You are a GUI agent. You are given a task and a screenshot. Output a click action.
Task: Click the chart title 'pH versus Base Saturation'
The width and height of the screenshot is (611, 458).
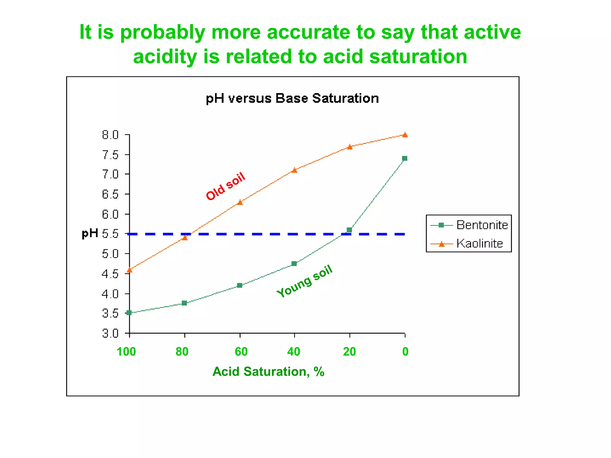tap(292, 98)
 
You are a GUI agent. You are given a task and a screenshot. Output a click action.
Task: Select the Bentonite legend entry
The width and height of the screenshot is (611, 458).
tap(482, 225)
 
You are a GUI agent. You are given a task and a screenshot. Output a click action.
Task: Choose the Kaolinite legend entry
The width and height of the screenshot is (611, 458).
tap(479, 244)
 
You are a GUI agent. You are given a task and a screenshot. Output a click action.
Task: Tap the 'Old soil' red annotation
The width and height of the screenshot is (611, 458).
tap(226, 186)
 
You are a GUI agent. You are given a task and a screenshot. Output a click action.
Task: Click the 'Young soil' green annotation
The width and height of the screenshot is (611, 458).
tap(304, 281)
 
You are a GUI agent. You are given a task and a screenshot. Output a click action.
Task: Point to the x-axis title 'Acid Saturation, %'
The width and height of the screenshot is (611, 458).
tap(268, 372)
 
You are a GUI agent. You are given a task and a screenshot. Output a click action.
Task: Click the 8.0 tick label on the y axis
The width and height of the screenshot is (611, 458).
tap(110, 135)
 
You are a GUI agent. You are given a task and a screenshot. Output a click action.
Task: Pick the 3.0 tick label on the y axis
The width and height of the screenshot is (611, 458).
tap(110, 333)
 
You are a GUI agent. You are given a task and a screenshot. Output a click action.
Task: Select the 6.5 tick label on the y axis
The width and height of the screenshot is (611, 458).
tap(110, 194)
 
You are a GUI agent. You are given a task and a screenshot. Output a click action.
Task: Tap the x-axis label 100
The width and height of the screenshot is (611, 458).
tap(126, 352)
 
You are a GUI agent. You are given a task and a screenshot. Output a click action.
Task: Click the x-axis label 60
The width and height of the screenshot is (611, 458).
tap(241, 352)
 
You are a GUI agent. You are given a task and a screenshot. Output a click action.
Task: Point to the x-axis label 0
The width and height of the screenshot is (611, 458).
tap(405, 352)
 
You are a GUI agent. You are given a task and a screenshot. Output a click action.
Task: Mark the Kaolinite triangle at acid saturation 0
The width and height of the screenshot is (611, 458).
tap(405, 135)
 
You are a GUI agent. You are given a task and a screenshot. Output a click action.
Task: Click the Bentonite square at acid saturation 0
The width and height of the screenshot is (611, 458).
tap(405, 158)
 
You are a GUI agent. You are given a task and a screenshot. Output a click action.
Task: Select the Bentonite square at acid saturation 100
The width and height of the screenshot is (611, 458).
tap(129, 312)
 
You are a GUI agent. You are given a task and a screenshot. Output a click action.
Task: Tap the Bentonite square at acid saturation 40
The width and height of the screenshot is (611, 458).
tap(294, 264)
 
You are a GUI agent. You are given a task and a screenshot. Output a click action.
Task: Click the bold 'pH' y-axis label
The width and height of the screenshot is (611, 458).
tap(90, 233)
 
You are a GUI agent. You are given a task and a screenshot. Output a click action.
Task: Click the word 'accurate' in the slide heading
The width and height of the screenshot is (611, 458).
tap(308, 32)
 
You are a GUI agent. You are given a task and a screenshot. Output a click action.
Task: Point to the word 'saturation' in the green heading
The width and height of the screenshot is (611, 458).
tap(418, 57)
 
